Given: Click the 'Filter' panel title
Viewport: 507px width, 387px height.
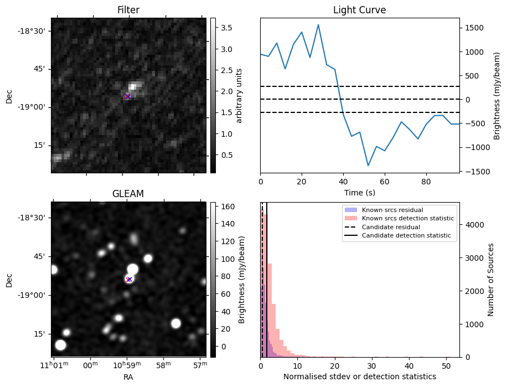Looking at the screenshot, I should pos(128,10).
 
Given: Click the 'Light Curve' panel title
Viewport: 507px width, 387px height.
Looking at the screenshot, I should pos(359,10).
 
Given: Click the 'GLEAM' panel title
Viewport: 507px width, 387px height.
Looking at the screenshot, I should pos(128,194).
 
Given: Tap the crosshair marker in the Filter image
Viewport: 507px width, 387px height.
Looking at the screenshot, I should pos(128,96).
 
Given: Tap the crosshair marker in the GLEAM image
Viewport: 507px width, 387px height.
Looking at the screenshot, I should pos(129,279).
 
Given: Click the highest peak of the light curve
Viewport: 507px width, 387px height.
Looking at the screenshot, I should pos(318,24).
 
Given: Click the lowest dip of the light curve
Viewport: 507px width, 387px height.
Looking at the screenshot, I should pos(368,166).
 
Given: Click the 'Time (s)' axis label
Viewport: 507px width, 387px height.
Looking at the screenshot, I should pos(359,192).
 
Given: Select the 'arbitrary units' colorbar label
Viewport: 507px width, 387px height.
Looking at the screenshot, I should pos(239,95).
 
